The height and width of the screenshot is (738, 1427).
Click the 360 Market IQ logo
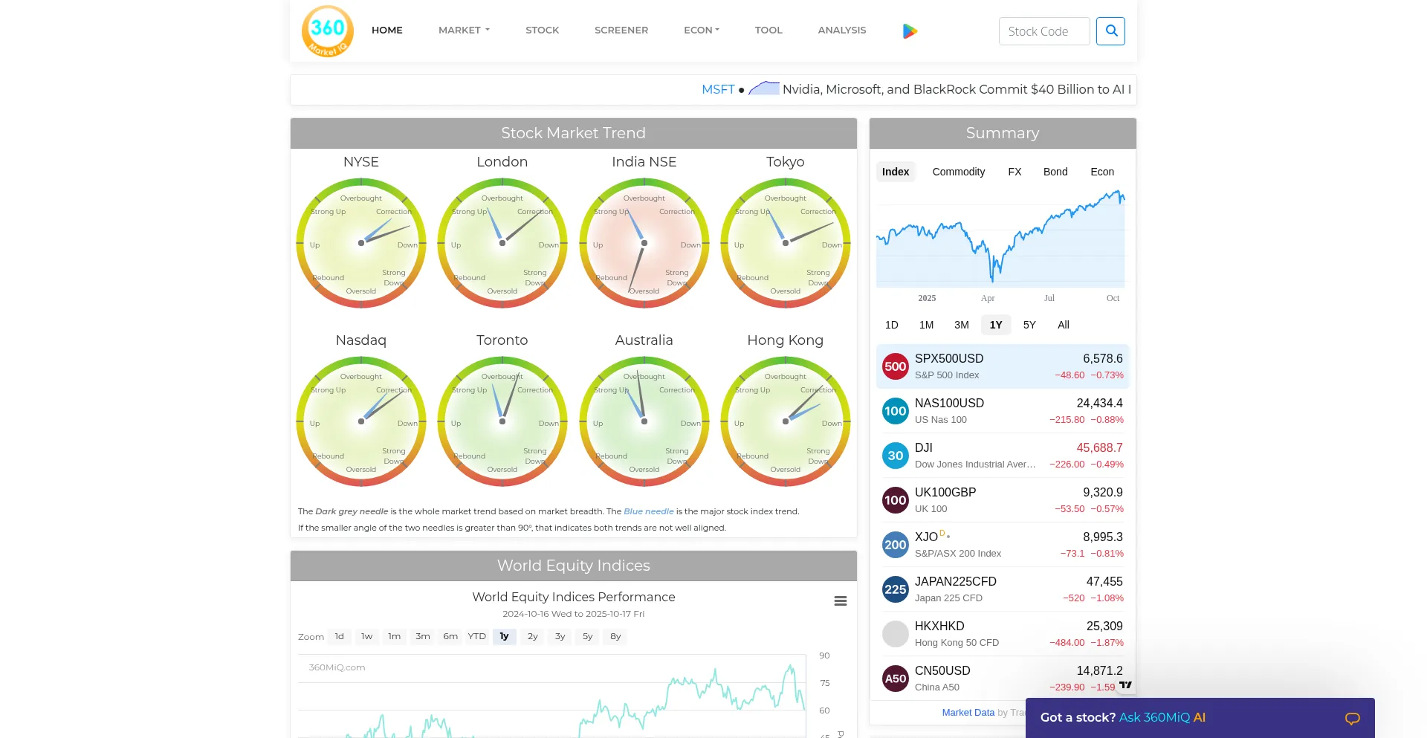(x=328, y=31)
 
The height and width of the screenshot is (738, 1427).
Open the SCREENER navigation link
(x=621, y=30)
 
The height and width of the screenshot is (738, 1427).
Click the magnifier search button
(x=1110, y=31)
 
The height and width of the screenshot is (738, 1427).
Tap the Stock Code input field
(x=1043, y=31)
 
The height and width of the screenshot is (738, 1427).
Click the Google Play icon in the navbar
(x=910, y=31)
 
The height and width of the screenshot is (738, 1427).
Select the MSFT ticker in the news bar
(x=717, y=89)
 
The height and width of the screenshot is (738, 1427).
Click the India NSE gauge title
(x=644, y=162)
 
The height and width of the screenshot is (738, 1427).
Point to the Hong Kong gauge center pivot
(x=786, y=421)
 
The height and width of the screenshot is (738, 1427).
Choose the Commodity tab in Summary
(x=958, y=172)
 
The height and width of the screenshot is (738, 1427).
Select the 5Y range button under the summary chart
(x=1029, y=325)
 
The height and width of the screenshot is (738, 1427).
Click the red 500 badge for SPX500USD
(x=895, y=366)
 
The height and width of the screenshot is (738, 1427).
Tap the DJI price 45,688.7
(x=1099, y=447)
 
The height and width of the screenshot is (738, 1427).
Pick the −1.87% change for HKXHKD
(x=1107, y=643)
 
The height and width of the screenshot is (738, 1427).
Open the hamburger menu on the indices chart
(x=841, y=601)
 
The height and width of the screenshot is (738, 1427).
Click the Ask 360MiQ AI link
(x=1162, y=717)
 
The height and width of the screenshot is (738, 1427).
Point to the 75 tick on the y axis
(x=825, y=683)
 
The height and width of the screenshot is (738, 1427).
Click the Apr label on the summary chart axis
(x=987, y=298)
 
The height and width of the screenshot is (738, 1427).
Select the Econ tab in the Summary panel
(x=1101, y=172)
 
